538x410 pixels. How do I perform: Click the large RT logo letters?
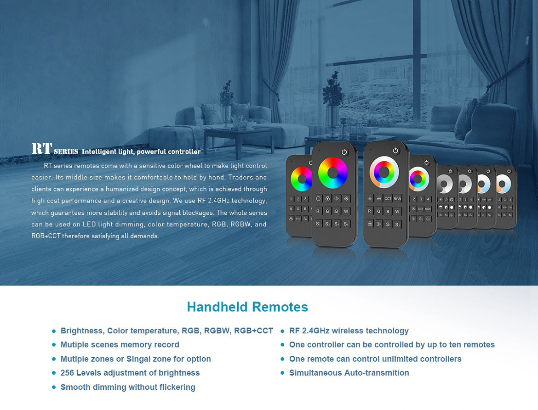click(x=42, y=149)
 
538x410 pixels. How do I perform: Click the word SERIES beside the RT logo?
click(x=66, y=152)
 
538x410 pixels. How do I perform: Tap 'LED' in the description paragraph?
click(x=89, y=225)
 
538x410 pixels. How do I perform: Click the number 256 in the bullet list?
click(x=67, y=373)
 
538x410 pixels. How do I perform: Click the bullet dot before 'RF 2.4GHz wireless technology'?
click(x=282, y=331)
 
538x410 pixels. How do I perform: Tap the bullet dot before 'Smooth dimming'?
click(x=53, y=388)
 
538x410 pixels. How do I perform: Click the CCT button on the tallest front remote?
click(x=388, y=199)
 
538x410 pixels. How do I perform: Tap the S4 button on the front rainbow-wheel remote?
click(x=346, y=224)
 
